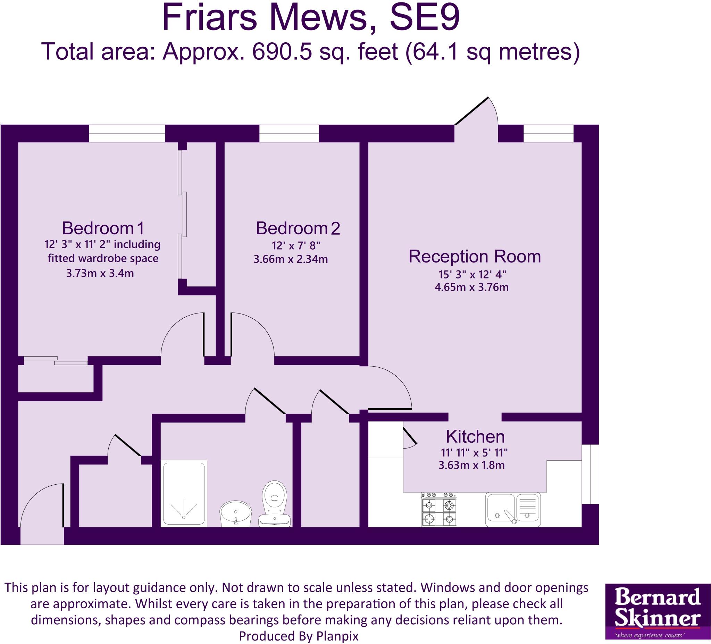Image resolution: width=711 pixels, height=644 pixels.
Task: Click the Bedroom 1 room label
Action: point(103,228)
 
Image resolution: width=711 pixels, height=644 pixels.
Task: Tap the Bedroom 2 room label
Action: point(298,228)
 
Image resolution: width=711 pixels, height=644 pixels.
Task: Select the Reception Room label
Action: point(474,257)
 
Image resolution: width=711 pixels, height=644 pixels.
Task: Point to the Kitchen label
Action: point(475,437)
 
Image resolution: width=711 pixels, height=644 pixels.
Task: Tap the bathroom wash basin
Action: point(236,513)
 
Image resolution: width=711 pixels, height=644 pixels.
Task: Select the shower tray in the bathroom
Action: point(184,494)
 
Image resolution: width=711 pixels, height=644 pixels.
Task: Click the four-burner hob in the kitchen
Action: point(439,510)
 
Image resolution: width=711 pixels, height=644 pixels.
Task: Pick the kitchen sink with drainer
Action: point(513,510)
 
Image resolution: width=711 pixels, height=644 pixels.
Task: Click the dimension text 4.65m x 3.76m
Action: point(471,287)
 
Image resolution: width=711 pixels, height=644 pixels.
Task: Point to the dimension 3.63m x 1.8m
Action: point(471,466)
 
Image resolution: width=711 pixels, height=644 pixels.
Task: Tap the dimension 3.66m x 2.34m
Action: point(291,260)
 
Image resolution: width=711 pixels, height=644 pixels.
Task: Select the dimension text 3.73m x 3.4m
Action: point(100,273)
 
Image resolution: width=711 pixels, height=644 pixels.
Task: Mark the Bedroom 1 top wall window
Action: point(127,133)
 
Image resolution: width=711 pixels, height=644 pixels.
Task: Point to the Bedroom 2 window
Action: point(289,133)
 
